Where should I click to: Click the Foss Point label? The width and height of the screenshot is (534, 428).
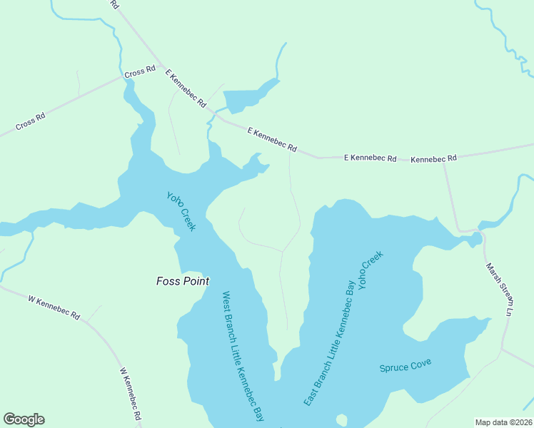click(183, 281)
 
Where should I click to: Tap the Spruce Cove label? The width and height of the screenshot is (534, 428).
click(405, 367)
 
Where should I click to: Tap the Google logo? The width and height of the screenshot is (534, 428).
click(24, 419)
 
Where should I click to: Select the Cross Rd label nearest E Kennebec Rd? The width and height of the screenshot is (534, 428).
click(140, 71)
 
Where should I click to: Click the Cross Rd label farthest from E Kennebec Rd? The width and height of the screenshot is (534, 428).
click(31, 122)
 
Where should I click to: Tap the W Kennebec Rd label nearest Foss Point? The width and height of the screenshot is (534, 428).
click(54, 306)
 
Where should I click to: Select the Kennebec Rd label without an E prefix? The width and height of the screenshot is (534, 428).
click(433, 158)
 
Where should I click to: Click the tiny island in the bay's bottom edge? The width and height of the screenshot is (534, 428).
click(341, 419)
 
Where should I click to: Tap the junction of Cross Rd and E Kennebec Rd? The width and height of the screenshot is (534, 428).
click(161, 65)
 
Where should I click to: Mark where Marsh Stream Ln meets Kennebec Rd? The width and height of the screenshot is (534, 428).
click(443, 162)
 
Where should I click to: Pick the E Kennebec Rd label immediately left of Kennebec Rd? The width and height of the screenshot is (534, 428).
click(370, 158)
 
